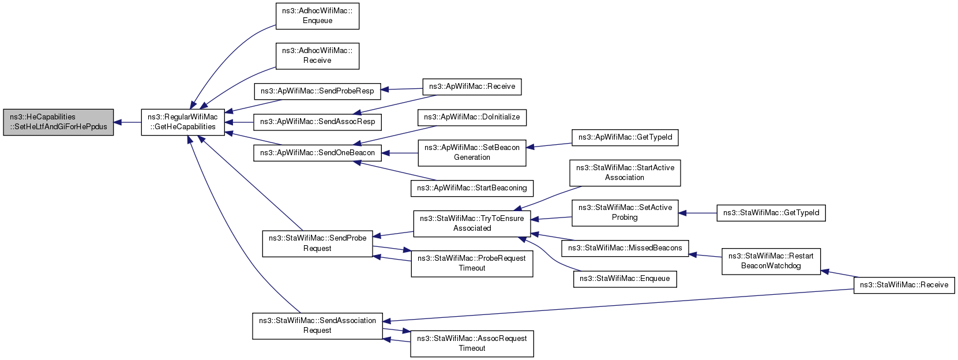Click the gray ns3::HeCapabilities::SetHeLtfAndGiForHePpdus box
[x=58, y=122]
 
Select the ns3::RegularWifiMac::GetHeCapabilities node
[x=183, y=122]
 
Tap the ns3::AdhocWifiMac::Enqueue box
[x=317, y=16]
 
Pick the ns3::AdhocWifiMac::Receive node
[x=317, y=56]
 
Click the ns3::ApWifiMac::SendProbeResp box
[x=317, y=91]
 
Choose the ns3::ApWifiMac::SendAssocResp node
[x=317, y=122]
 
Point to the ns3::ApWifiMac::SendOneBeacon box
[x=317, y=153]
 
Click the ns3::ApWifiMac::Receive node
[x=472, y=87]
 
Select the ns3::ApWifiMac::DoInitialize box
[x=472, y=118]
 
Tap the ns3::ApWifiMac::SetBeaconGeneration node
[x=472, y=153]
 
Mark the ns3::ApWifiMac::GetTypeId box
[x=625, y=138]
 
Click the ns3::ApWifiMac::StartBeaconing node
[x=472, y=189]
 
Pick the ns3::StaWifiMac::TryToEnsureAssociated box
[x=472, y=224]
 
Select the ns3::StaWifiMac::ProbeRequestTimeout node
[x=472, y=264]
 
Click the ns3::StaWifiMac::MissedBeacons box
[x=625, y=249]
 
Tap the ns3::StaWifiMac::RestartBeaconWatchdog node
[x=771, y=261]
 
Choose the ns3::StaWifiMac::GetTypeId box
[x=771, y=213]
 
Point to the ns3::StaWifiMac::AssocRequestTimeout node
[x=472, y=344]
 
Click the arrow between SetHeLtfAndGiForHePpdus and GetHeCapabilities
[x=127, y=122]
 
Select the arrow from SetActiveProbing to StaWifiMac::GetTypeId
[x=697, y=213]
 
